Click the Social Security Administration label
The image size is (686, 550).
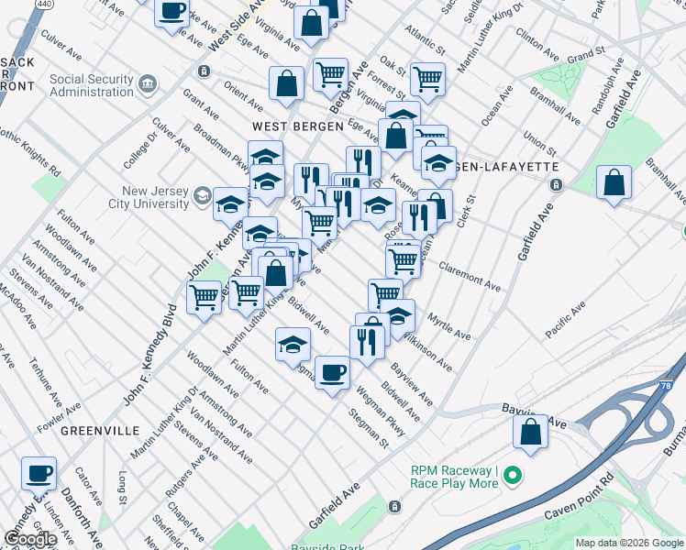tap(92, 85)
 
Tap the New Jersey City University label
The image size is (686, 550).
tap(149, 197)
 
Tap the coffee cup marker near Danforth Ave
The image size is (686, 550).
tap(39, 473)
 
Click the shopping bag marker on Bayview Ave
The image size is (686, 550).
tap(530, 432)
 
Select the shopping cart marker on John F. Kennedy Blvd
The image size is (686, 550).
tap(205, 297)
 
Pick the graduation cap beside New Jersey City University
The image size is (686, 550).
tap(228, 203)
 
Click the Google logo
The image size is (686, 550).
tap(30, 539)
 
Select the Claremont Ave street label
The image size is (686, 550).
tap(470, 276)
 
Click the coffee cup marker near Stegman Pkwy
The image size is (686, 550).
tap(332, 371)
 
